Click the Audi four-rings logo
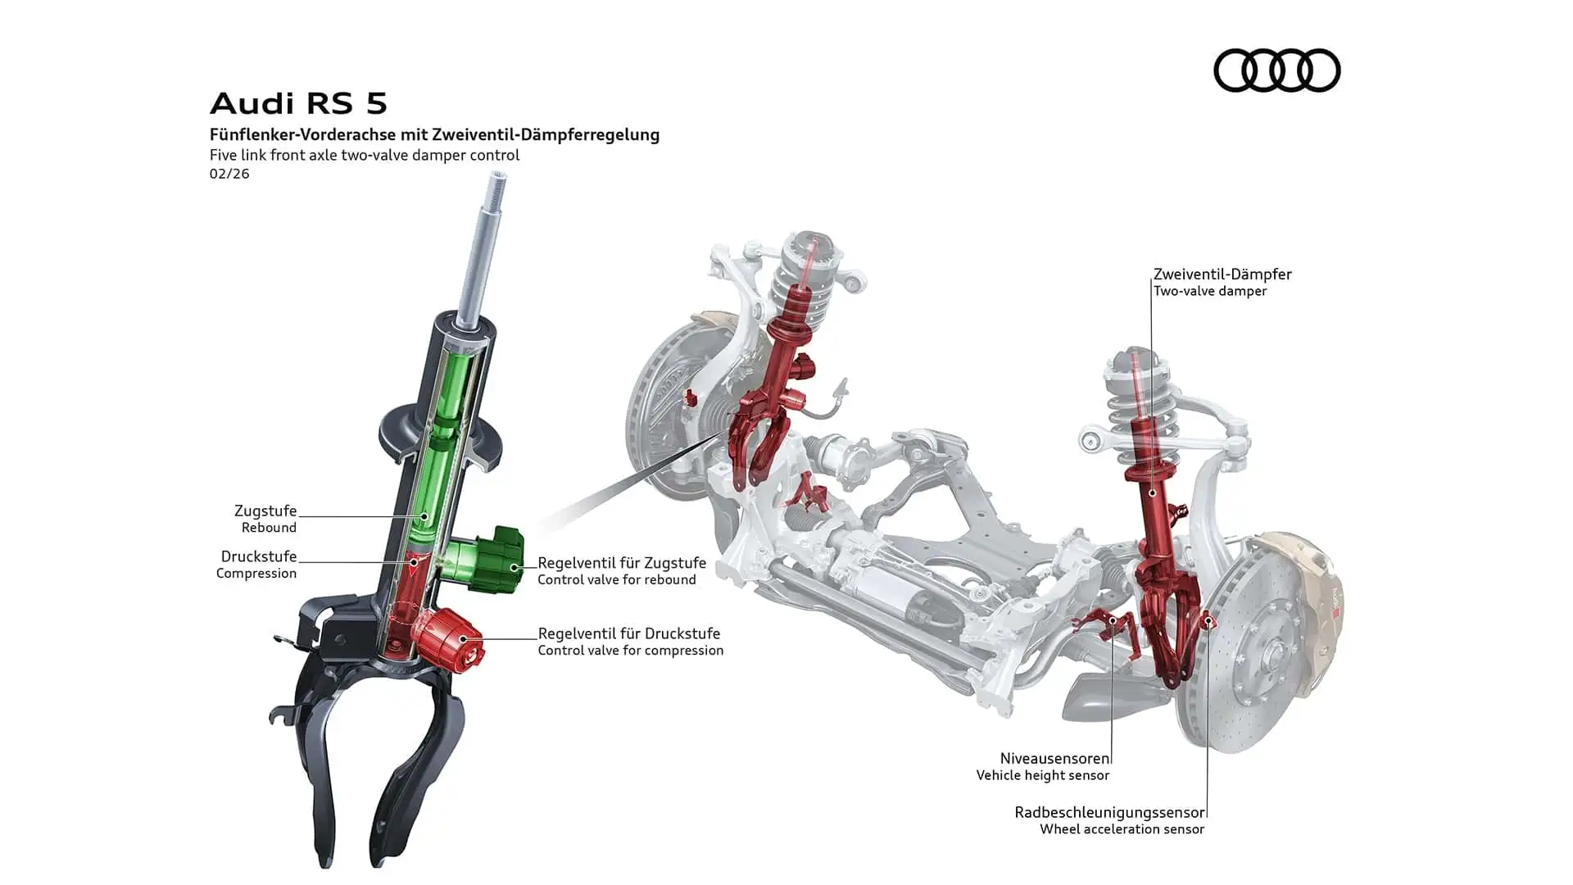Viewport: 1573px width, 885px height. (1276, 70)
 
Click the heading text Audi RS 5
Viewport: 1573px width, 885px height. (298, 103)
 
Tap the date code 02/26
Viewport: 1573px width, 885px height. (229, 174)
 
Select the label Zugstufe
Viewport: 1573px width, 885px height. (265, 511)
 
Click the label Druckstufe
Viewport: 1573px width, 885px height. (259, 556)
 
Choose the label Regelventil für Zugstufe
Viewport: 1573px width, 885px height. (622, 563)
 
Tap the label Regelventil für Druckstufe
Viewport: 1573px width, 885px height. (629, 633)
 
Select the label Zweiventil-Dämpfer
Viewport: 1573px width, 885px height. (1222, 275)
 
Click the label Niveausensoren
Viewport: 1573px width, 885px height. (1054, 759)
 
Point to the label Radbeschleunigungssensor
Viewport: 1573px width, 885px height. (1109, 813)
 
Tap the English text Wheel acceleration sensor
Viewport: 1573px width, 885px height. (1122, 829)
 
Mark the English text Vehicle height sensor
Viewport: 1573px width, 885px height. (1043, 775)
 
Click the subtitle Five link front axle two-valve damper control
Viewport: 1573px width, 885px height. (365, 155)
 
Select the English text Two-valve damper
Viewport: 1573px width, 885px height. (1210, 291)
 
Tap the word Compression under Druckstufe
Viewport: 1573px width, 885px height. (256, 574)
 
